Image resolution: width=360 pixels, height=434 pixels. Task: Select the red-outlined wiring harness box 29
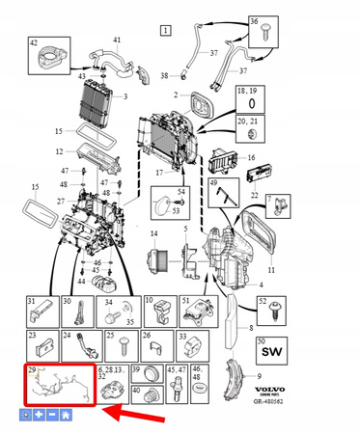(x=57, y=386)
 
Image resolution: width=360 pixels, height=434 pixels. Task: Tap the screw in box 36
(x=263, y=32)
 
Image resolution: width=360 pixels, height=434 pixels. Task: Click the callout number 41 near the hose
(x=118, y=41)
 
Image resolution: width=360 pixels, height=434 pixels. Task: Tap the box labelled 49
(x=227, y=197)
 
